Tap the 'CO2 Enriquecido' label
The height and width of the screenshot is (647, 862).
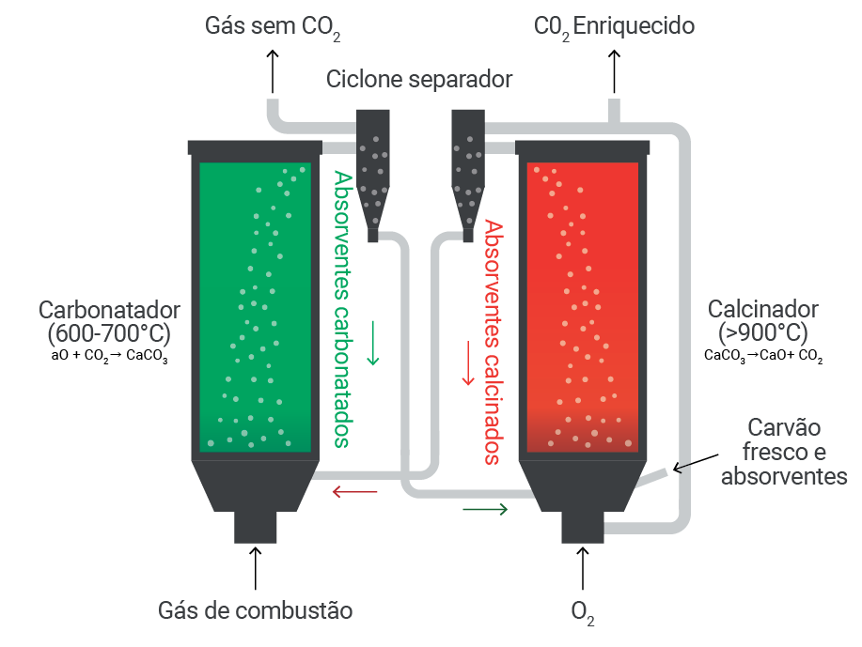pyautogui.click(x=614, y=27)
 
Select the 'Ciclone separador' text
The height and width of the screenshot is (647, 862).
pyautogui.click(x=419, y=79)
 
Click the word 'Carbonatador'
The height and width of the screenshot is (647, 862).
pyautogui.click(x=109, y=310)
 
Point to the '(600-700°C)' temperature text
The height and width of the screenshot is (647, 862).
pyautogui.click(x=109, y=333)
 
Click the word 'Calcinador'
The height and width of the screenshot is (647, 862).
pyautogui.click(x=763, y=309)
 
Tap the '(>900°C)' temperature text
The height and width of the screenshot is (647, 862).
pyautogui.click(x=763, y=332)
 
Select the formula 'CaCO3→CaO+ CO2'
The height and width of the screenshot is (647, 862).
pyautogui.click(x=763, y=356)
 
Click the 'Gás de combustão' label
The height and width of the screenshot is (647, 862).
pyautogui.click(x=255, y=610)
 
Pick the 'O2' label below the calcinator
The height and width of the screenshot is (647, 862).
pyautogui.click(x=583, y=613)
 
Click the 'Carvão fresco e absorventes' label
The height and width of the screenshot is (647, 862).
pyautogui.click(x=784, y=452)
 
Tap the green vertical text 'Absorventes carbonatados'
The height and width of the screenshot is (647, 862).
pyautogui.click(x=342, y=309)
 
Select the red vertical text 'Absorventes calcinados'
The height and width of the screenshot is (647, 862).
pyautogui.click(x=494, y=343)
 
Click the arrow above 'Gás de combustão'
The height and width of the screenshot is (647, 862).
pyautogui.click(x=255, y=568)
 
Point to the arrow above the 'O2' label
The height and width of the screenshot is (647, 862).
pyautogui.click(x=583, y=568)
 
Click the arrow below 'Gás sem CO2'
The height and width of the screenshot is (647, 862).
pyautogui.click(x=272, y=71)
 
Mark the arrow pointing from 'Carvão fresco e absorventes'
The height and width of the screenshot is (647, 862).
pyautogui.click(x=696, y=463)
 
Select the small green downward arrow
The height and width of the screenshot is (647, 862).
pyautogui.click(x=373, y=344)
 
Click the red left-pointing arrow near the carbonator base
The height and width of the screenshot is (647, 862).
pyautogui.click(x=355, y=491)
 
